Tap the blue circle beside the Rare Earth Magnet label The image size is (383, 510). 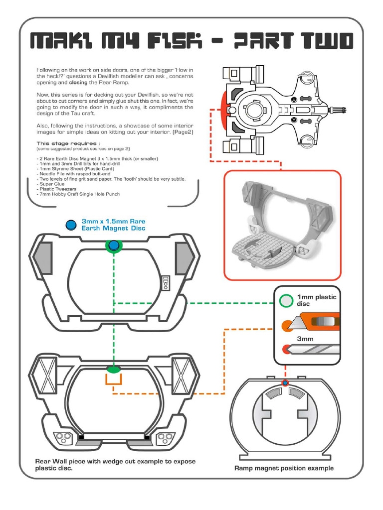pyautogui.click(x=72, y=225)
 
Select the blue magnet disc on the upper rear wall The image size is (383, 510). pyautogui.click(x=114, y=245)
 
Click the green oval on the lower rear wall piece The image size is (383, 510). pyautogui.click(x=114, y=369)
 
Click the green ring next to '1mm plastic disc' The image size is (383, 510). pyautogui.click(x=286, y=300)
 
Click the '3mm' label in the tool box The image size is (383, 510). pyautogui.click(x=305, y=338)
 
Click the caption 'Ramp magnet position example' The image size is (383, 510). pyautogui.click(x=284, y=468)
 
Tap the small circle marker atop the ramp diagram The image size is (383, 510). pyautogui.click(x=285, y=382)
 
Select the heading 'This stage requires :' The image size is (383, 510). pyautogui.click(x=65, y=143)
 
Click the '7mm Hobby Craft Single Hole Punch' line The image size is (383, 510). pyautogui.click(x=78, y=194)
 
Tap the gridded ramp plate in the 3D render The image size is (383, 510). pyautogui.click(x=259, y=249)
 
